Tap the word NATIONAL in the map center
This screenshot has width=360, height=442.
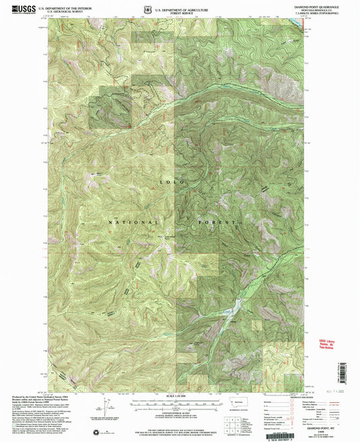[x=134, y=222]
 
